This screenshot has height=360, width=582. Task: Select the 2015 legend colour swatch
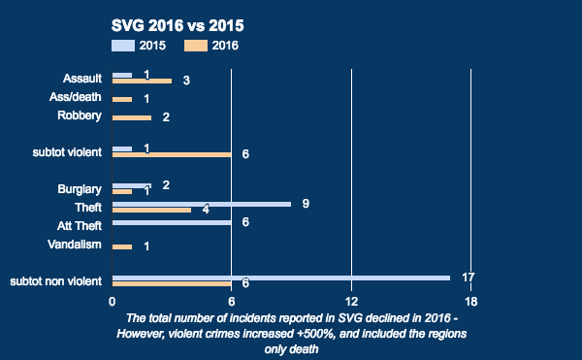point(124,45)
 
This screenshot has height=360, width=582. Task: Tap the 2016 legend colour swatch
point(196,45)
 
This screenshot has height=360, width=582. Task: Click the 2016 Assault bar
point(142,81)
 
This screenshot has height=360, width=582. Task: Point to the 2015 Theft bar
point(202,204)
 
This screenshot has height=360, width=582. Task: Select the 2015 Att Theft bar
point(172,222)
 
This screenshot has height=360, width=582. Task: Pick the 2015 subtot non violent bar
point(281,278)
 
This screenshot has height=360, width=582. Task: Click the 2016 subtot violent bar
point(172,154)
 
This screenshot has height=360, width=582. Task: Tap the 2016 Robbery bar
point(132,117)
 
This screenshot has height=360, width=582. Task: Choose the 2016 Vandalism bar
point(122,246)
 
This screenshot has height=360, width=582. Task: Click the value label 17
point(468,278)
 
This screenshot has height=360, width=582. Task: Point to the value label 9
point(306,204)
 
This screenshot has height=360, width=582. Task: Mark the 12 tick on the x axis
point(351,300)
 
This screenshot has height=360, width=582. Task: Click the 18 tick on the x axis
point(470,300)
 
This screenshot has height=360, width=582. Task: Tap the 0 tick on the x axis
point(113,300)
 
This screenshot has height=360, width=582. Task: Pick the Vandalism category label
point(76,244)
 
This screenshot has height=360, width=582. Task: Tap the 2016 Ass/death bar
point(122,99)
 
